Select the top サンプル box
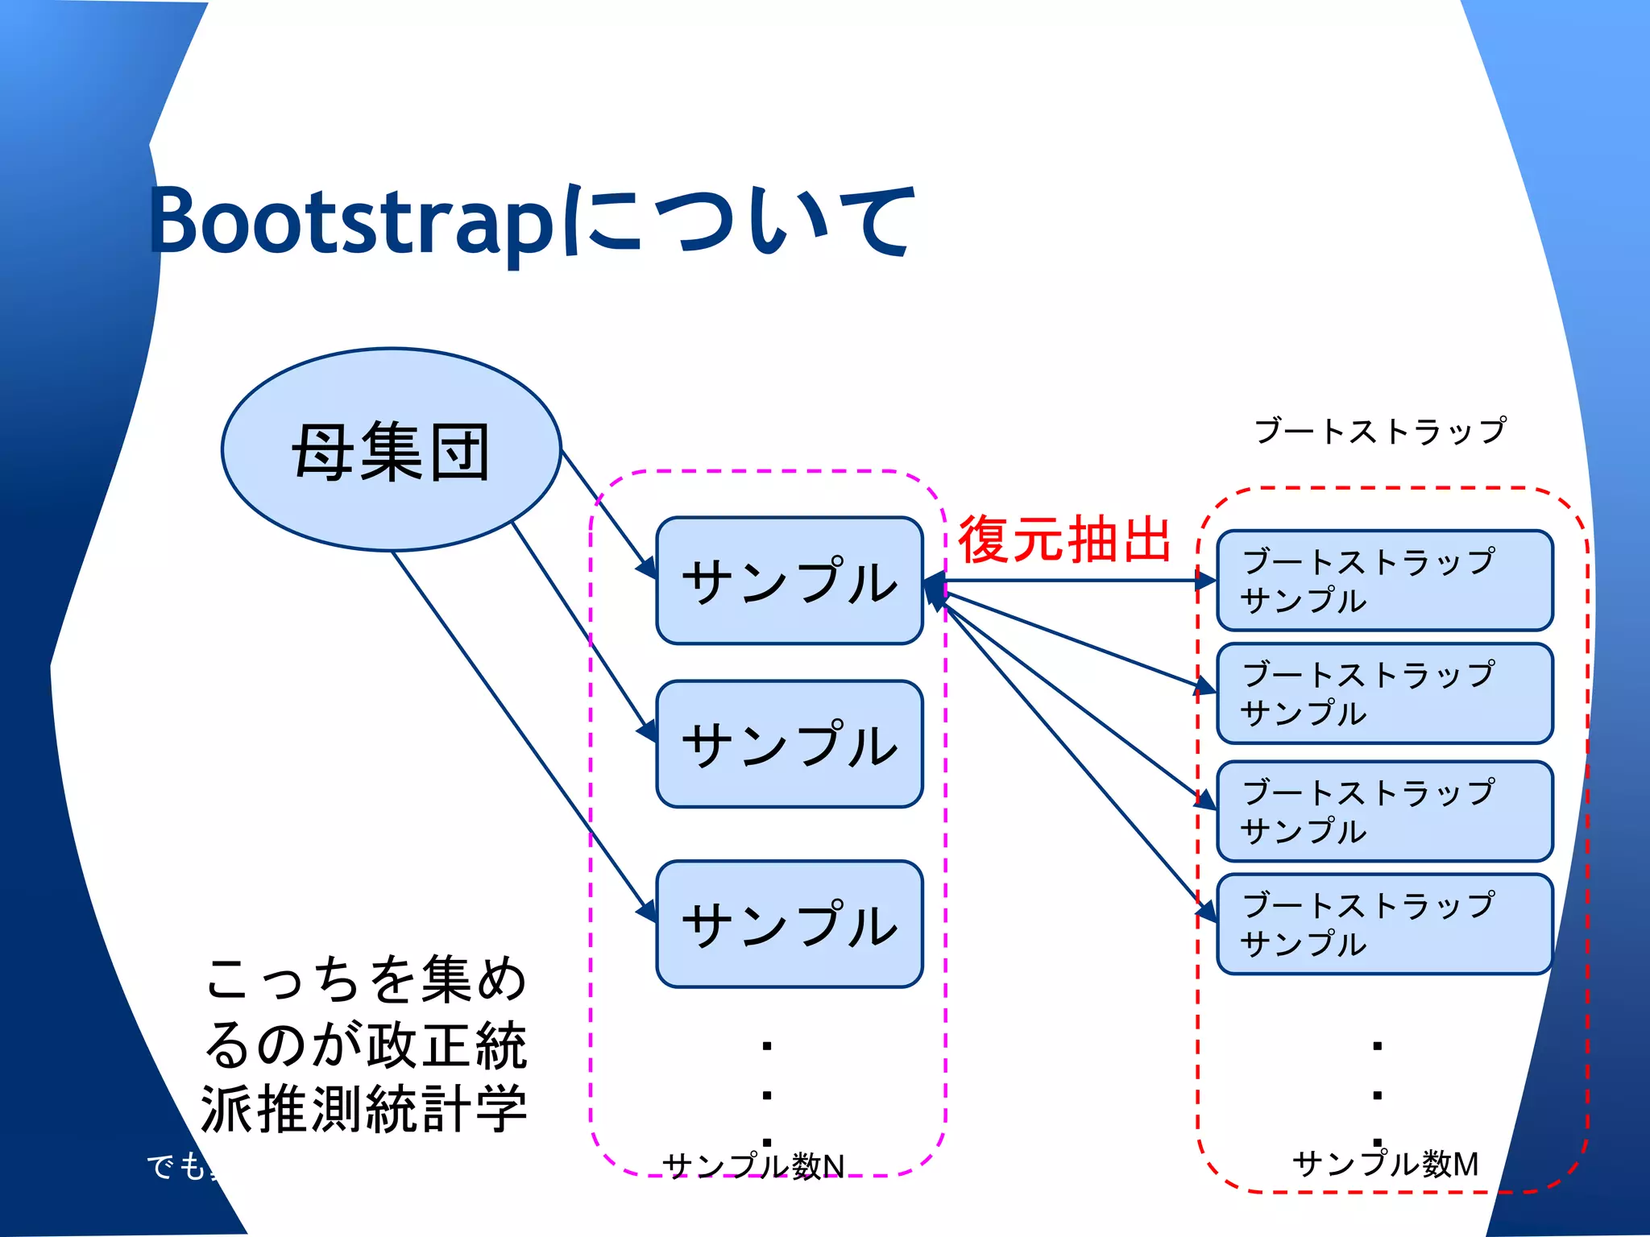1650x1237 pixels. tap(789, 581)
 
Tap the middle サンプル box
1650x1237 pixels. tap(789, 744)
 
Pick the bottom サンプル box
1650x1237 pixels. tap(789, 924)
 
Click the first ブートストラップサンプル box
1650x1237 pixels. tap(1384, 580)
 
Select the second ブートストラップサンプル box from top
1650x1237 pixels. tap(1384, 693)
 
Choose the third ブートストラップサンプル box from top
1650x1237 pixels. tap(1384, 811)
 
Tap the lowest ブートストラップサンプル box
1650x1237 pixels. tap(1384, 924)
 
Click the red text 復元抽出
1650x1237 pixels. tap(1063, 540)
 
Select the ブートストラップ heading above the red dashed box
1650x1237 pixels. tap(1380, 431)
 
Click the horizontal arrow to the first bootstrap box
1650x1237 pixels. tap(1072, 580)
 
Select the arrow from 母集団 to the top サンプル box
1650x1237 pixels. tap(604, 507)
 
